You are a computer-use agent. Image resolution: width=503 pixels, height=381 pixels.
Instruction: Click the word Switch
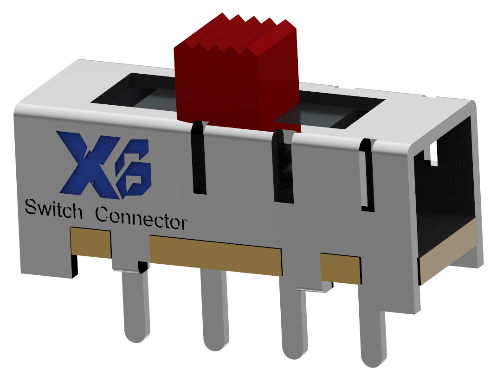(x=53, y=210)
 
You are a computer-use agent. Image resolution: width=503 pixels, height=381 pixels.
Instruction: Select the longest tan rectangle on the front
(x=216, y=254)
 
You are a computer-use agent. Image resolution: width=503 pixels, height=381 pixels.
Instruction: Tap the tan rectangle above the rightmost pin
(x=340, y=268)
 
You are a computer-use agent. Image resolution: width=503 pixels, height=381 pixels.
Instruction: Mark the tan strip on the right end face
(x=448, y=253)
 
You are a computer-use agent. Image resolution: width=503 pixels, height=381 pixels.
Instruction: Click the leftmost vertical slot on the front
(x=198, y=158)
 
